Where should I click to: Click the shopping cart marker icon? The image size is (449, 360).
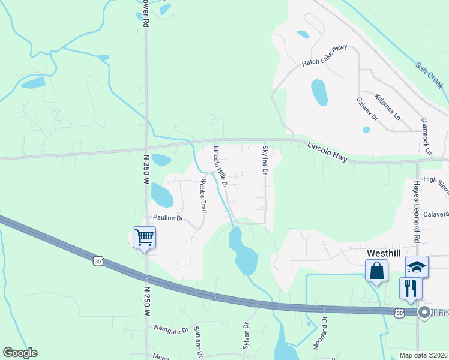click(145, 238)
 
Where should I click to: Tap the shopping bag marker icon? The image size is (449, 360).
click(376, 271)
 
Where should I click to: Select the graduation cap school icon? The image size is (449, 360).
click(417, 266)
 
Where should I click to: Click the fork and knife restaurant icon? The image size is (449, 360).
click(411, 288)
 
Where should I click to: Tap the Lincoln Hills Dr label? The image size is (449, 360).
click(220, 166)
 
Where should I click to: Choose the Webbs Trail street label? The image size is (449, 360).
click(203, 196)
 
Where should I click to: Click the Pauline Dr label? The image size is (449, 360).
click(167, 218)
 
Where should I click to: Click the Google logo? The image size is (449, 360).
click(20, 353)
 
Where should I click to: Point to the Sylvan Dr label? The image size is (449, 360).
click(246, 333)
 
